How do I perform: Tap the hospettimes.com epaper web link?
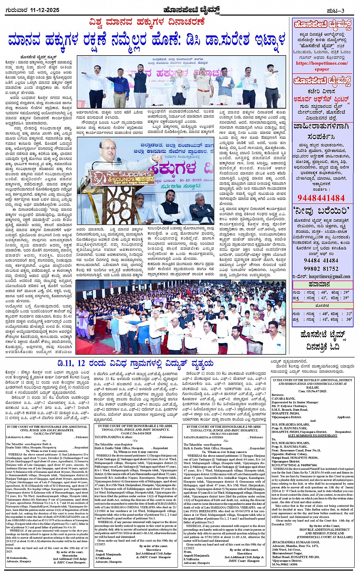[322, 66]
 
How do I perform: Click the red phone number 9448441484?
[321, 198]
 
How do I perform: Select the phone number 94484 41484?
[321, 261]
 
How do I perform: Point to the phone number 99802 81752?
[321, 269]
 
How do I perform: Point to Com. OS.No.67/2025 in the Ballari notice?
[312, 391]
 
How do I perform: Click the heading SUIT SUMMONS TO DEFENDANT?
[312, 435]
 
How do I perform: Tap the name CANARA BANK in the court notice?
[282, 399]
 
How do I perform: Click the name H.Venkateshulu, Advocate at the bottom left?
[19, 559]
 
